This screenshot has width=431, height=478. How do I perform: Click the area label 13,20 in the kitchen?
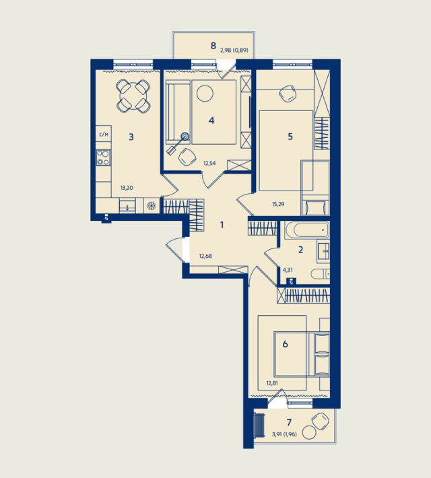(127, 188)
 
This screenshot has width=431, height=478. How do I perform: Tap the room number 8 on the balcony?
(213, 46)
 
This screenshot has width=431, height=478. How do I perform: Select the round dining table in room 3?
(133, 96)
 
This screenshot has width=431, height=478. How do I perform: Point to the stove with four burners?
(103, 158)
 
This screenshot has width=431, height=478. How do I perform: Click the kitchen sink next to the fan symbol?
(127, 205)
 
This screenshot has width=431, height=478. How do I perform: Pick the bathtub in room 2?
(307, 230)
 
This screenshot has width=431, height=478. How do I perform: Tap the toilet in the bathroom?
(321, 274)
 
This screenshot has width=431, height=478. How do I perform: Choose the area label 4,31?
(288, 270)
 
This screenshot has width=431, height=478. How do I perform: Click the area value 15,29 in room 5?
(278, 204)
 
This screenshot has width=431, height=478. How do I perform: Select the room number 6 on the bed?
(285, 344)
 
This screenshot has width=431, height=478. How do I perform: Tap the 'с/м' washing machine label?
(104, 134)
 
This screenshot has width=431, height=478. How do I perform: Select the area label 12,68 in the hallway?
(205, 256)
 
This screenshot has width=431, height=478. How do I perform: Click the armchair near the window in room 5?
(288, 94)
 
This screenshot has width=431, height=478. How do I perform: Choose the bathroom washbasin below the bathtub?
(323, 251)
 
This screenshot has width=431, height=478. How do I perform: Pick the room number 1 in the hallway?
(222, 225)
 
